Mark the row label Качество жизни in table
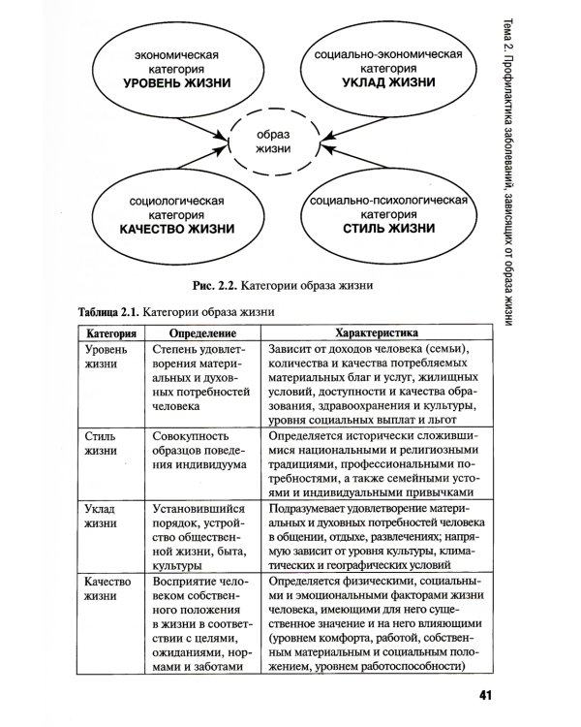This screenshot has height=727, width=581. pos(107,590)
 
